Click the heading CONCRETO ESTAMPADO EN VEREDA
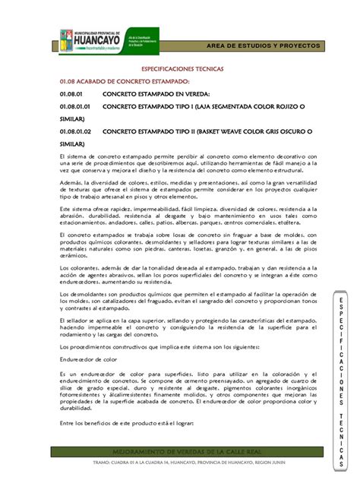pyautogui.click(x=156, y=93)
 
